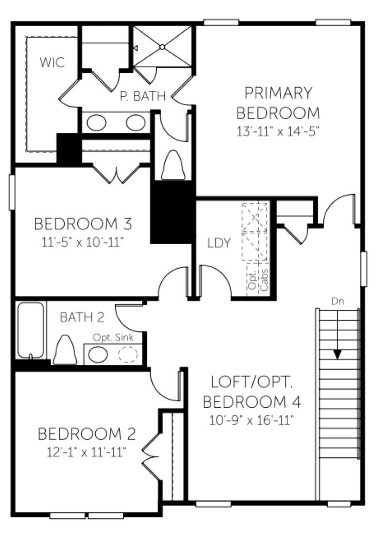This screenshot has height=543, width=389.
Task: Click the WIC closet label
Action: (x=52, y=63)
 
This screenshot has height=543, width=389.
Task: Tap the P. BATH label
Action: (x=142, y=96)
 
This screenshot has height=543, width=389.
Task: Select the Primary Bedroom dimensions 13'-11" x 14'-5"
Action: (x=277, y=132)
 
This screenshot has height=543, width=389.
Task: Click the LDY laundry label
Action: (x=219, y=243)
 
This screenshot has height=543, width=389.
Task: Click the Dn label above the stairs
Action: (x=337, y=301)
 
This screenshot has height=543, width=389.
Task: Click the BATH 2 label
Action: (x=82, y=317)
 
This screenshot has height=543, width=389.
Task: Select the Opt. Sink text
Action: (x=113, y=338)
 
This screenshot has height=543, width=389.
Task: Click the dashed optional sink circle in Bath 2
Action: (x=128, y=355)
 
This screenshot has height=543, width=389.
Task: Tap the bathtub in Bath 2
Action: (x=31, y=330)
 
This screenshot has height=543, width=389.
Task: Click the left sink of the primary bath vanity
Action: (x=97, y=123)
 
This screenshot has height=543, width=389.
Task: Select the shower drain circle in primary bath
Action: (x=162, y=46)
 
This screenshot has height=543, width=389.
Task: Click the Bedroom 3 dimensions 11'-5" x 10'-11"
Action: (x=82, y=242)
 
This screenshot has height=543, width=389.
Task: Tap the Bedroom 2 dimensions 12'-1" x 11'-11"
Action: (x=86, y=452)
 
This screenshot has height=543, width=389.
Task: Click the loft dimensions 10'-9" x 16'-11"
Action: (x=251, y=421)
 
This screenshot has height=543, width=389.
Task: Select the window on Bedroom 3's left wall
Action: (x=12, y=193)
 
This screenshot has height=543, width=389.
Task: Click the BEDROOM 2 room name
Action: (x=87, y=434)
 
